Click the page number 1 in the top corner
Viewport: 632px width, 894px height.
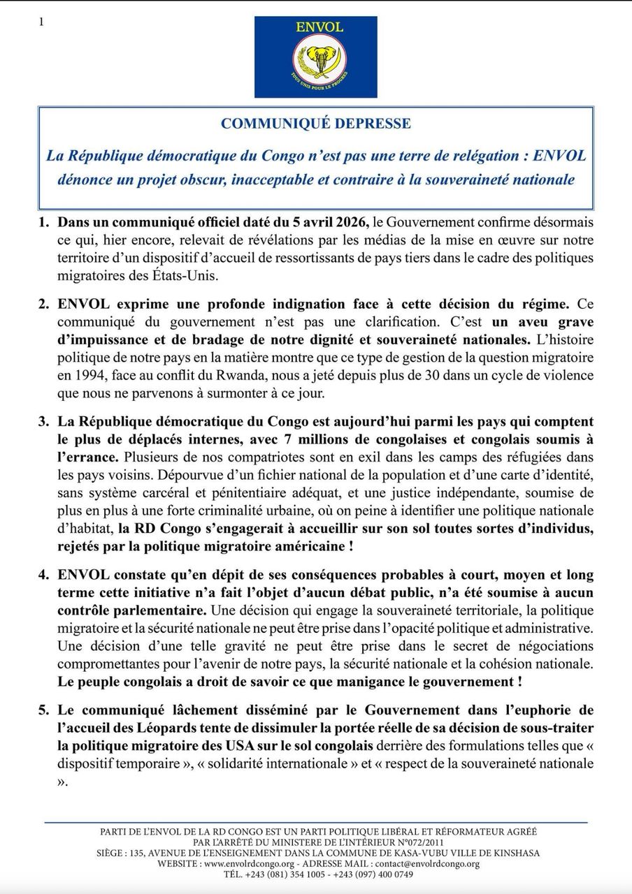[41, 22]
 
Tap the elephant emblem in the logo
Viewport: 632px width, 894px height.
[315, 62]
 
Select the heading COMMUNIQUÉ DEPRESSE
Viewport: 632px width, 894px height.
[316, 124]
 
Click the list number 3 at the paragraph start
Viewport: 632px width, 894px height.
[43, 422]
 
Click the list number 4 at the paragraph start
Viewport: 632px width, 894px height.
[43, 576]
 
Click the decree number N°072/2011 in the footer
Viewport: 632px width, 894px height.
[451, 843]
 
